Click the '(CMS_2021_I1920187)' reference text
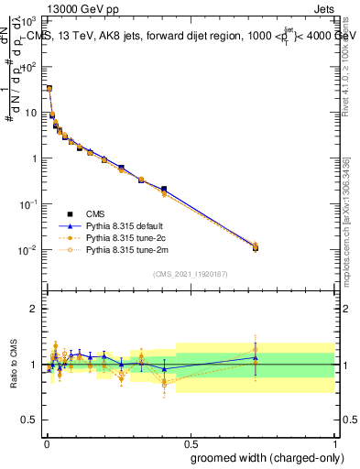[190, 273]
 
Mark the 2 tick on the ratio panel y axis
[37, 309]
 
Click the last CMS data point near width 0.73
[256, 247]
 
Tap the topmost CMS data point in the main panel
[49, 89]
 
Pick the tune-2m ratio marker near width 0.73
[256, 350]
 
